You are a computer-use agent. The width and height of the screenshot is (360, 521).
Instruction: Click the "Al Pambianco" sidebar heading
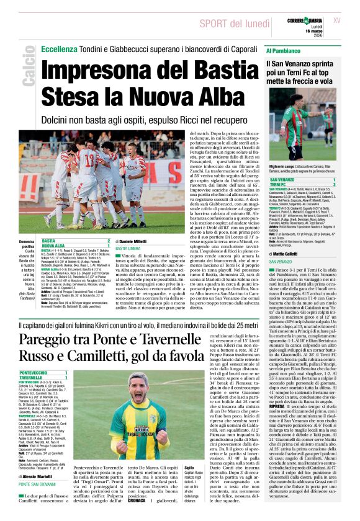click(285, 50)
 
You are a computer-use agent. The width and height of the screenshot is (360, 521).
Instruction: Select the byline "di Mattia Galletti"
click(284, 253)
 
